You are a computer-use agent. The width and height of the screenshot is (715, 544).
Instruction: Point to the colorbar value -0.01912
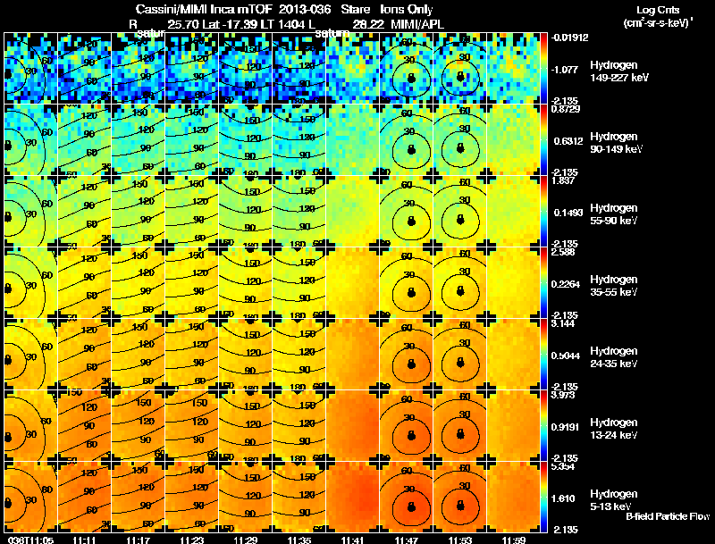tap(569, 38)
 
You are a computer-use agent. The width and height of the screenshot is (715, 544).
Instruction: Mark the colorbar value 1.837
tap(563, 180)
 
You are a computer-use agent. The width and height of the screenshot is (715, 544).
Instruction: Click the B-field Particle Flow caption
tap(668, 516)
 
